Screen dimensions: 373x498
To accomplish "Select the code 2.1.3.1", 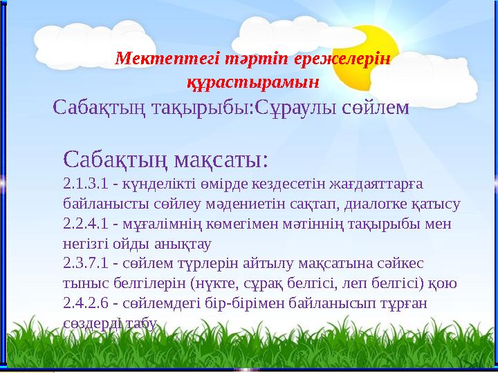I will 84,184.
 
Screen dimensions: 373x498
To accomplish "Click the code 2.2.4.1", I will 84,224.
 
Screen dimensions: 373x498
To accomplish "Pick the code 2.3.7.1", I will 84,264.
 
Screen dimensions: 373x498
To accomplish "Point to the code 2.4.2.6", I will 84,303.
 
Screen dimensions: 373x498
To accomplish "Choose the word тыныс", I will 80,284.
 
